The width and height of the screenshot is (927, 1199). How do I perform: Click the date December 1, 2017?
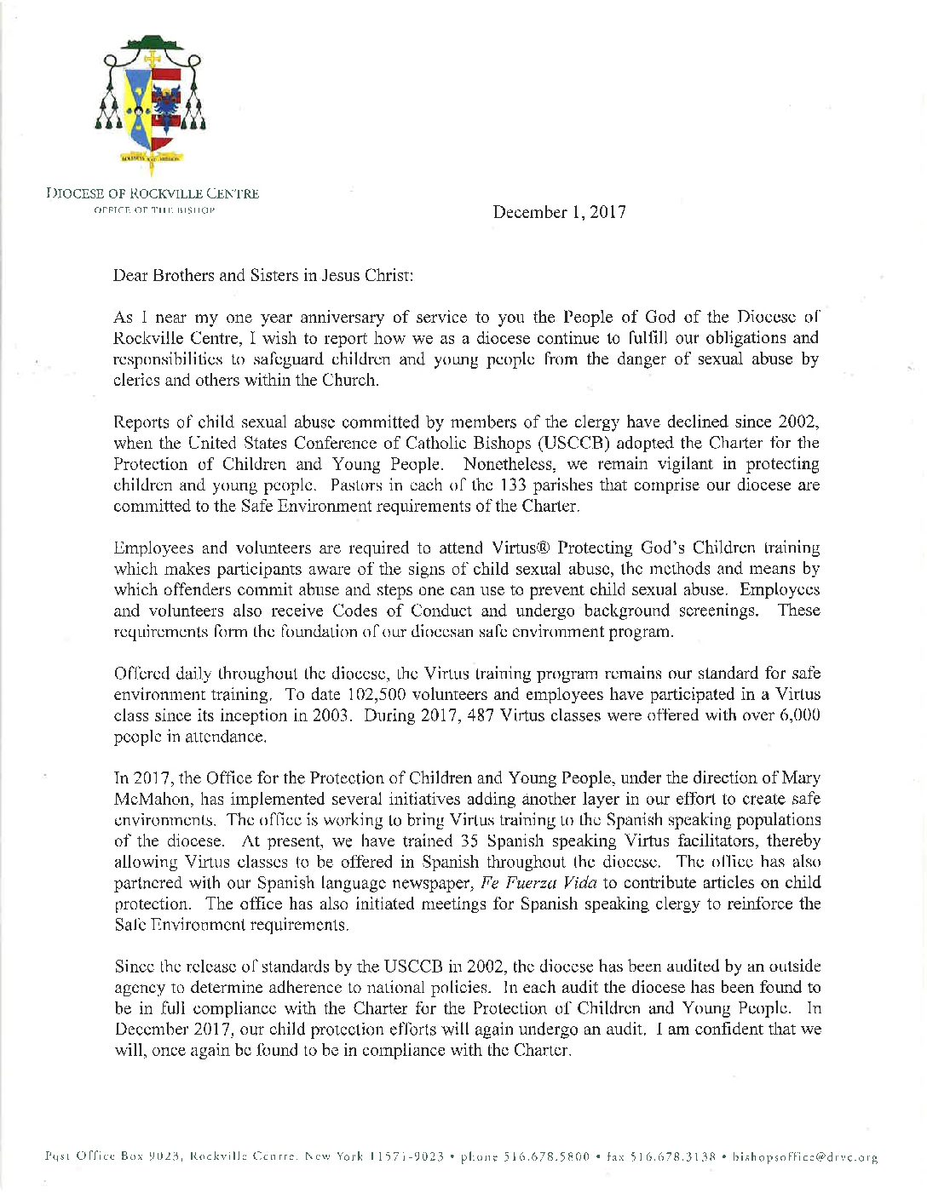(559, 212)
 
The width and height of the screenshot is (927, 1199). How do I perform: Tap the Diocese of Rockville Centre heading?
(153, 193)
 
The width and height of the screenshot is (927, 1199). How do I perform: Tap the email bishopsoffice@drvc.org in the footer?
(805, 1157)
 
